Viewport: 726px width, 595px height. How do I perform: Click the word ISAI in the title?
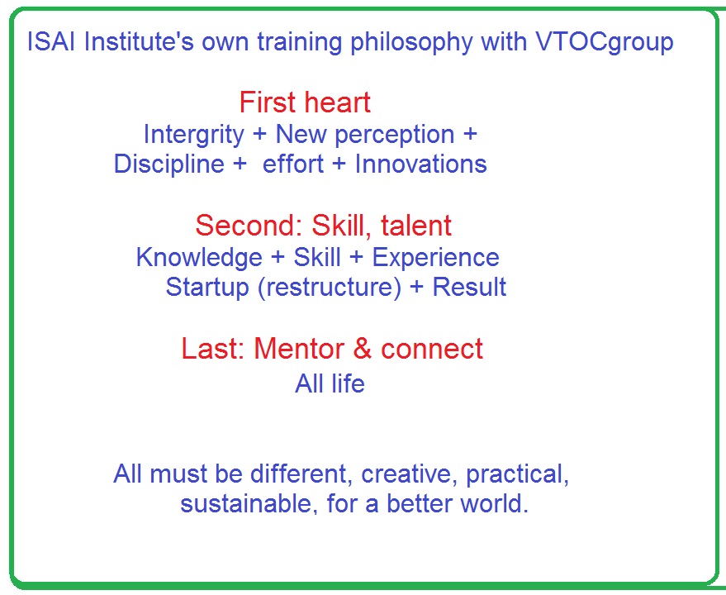51,41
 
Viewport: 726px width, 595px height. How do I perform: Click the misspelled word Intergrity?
193,136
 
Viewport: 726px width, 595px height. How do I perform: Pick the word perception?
395,136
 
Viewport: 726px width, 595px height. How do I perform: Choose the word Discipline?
169,164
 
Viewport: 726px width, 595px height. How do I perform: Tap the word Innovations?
421,164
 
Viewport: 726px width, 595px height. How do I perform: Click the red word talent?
416,226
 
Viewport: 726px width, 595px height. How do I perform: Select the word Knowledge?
199,258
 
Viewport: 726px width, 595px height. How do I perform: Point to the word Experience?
436,259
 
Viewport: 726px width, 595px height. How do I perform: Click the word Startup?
207,288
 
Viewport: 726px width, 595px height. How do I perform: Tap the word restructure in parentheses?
330,288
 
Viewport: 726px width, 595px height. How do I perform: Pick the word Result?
469,288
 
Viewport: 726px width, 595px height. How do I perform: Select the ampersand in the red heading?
363,349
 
